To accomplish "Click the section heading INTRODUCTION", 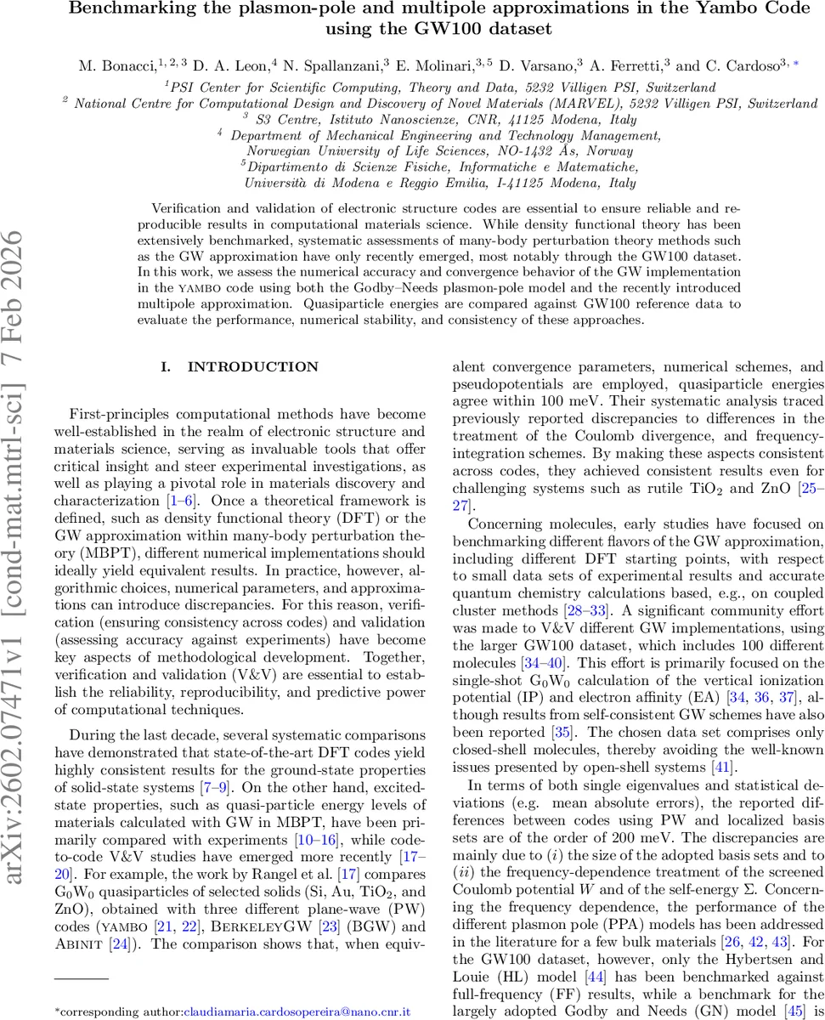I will click(x=253, y=367).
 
